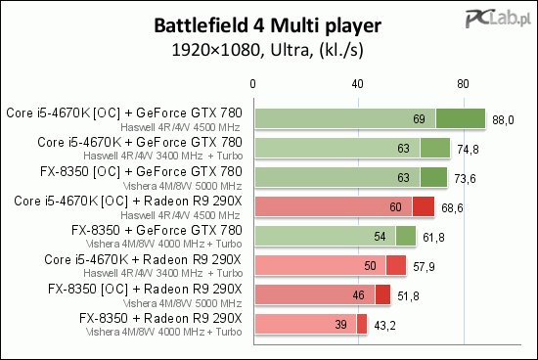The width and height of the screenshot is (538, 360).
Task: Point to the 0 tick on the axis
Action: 254,83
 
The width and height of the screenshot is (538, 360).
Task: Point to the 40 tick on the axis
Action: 358,83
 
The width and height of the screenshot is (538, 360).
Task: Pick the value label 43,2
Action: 383,325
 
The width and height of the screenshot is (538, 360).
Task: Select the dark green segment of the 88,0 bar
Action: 460,119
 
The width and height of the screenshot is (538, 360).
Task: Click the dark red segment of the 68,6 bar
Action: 423,207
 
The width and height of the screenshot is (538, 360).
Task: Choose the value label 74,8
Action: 468,149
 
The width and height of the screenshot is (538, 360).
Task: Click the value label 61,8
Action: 432,237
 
